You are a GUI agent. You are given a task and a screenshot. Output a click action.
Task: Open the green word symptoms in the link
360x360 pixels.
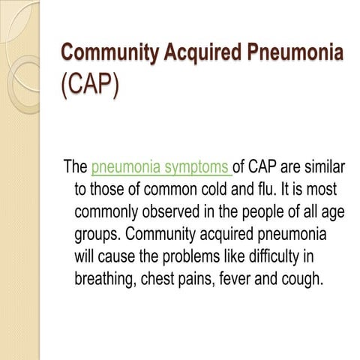[197, 166]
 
